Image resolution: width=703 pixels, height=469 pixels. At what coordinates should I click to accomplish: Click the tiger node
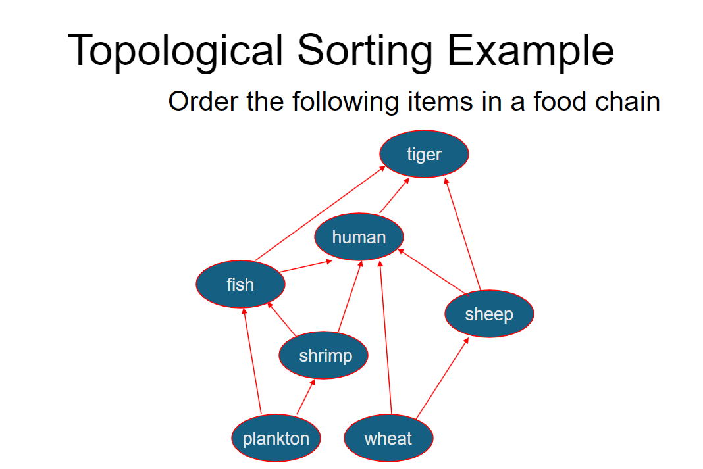point(424,154)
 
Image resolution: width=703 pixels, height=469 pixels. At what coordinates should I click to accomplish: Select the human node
point(359,237)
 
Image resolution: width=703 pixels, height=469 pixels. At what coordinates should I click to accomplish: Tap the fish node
point(240,284)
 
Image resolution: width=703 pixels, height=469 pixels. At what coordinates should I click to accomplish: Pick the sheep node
point(488,314)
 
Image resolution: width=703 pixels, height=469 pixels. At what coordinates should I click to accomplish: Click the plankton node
point(276,438)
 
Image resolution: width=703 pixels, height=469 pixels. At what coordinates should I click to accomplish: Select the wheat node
point(388,438)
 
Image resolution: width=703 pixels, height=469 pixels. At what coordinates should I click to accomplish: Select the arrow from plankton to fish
point(252,362)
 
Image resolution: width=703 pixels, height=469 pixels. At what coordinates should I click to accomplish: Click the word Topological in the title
point(176,51)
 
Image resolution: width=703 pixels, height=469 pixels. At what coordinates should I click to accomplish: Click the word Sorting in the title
point(363,51)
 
